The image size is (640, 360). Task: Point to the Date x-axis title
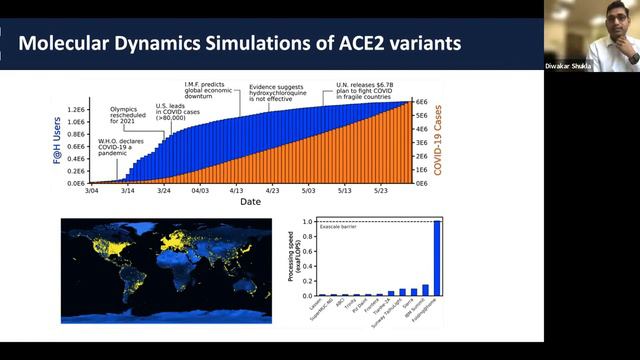(250, 201)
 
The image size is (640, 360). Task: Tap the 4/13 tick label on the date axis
(236, 190)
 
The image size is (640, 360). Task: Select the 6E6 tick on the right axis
(422, 101)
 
